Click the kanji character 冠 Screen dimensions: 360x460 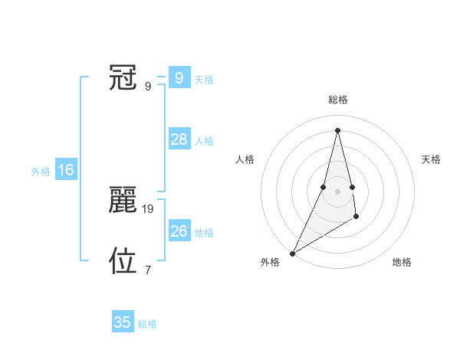123,77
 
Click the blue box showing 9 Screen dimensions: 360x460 179,78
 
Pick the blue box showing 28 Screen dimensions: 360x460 179,139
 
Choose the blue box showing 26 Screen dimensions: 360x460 179,231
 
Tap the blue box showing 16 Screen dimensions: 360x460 65,170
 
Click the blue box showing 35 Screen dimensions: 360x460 123,322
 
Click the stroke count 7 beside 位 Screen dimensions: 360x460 148,270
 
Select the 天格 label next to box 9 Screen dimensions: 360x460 204,80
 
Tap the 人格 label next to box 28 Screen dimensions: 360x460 204,141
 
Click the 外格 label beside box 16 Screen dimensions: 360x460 41,172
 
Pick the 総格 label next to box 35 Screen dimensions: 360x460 147,324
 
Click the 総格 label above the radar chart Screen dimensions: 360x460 337,100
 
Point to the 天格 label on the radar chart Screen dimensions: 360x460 432,159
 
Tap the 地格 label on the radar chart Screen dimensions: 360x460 402,263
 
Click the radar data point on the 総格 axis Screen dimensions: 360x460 337,129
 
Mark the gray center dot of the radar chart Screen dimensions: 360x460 337,191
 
